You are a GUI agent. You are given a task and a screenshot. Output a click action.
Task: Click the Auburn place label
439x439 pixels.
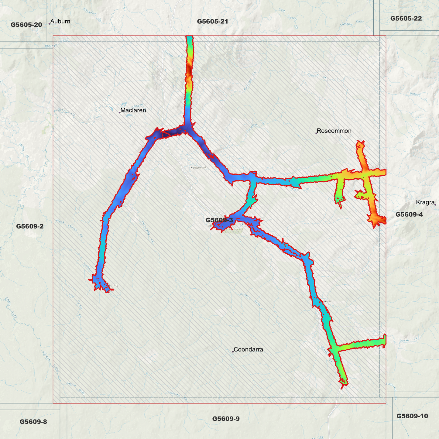60,21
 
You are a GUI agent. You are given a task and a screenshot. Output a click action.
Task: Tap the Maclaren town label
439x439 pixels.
133,110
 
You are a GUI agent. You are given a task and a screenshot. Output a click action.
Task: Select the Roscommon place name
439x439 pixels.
334,131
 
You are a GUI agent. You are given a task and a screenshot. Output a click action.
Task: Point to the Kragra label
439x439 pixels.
425,202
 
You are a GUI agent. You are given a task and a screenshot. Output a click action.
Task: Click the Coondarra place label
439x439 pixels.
248,349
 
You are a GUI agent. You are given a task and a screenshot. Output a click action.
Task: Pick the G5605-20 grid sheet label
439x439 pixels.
26,25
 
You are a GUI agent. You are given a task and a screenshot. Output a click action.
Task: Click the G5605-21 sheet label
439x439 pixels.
212,21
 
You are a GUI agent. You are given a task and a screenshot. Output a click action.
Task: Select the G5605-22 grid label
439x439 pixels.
406,18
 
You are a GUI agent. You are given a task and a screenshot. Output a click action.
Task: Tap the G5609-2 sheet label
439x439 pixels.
30,226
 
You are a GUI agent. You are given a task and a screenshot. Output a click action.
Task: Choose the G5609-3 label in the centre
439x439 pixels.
219,220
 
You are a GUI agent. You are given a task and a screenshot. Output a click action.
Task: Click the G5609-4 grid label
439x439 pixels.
409,214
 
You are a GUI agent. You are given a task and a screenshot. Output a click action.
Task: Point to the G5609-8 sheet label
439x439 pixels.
33,422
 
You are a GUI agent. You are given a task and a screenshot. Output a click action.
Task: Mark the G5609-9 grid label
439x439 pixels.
226,419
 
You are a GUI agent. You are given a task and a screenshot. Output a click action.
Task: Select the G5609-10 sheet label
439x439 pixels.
412,416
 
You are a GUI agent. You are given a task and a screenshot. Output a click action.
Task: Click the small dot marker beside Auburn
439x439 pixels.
50,24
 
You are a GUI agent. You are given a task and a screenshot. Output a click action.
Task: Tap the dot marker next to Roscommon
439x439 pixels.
316,133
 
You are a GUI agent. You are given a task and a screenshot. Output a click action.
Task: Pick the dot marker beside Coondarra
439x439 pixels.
233,352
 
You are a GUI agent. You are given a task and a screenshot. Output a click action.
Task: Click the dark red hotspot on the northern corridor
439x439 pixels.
189,72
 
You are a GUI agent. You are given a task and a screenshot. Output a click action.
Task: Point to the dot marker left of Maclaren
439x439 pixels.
120,113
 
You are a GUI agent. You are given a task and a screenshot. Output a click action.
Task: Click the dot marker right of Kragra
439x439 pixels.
435,205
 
